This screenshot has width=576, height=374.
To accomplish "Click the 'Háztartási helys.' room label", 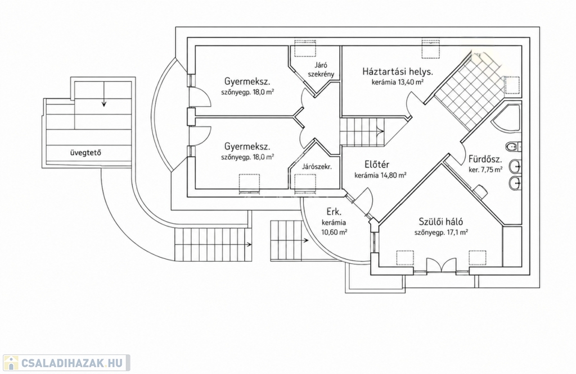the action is (x=398, y=71).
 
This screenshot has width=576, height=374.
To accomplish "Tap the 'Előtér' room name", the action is (x=377, y=165).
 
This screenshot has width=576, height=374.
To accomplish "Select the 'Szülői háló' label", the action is (x=441, y=222).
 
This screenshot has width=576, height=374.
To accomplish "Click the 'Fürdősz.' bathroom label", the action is (x=485, y=159).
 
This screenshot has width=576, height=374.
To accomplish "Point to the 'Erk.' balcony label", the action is (x=334, y=212).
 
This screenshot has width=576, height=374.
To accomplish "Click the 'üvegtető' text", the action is (x=85, y=153).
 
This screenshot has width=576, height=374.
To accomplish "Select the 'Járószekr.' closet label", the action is (x=317, y=166).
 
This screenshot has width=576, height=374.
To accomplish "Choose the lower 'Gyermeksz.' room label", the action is (x=247, y=147).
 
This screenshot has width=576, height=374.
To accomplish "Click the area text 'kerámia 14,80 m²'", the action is (x=380, y=175).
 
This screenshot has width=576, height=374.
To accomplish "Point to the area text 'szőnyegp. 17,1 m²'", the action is (x=441, y=232).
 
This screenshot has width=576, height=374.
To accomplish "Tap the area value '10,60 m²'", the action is (x=334, y=232).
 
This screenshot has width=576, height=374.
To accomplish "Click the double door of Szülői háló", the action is (x=441, y=266).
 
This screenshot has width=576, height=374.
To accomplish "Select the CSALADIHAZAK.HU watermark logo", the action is (x=66, y=363).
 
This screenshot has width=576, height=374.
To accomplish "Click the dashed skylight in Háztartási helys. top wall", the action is (x=430, y=49).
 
